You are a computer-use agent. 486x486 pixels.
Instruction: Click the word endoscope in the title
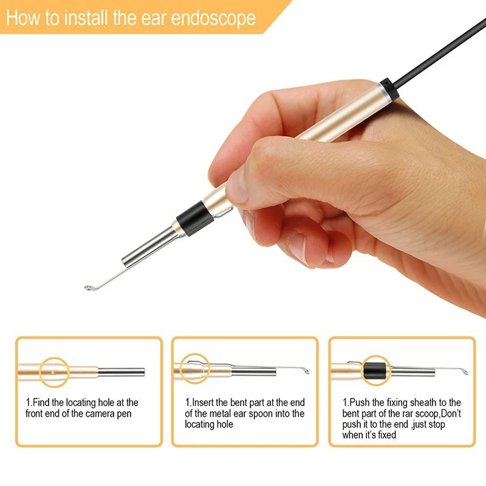click(x=213, y=18)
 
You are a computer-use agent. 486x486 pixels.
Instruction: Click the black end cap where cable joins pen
click(x=389, y=89)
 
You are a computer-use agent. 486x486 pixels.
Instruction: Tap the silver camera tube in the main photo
click(x=149, y=247)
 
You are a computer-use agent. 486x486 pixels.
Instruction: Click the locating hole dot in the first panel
click(x=53, y=372)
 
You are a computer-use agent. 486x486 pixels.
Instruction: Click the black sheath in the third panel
click(x=374, y=371)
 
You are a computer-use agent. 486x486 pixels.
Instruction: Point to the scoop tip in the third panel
click(x=464, y=372)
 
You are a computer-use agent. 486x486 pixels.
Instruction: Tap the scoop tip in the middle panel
click(x=306, y=371)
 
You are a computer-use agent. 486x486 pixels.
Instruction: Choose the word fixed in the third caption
click(x=387, y=435)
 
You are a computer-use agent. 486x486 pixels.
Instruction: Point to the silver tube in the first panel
click(x=122, y=372)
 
